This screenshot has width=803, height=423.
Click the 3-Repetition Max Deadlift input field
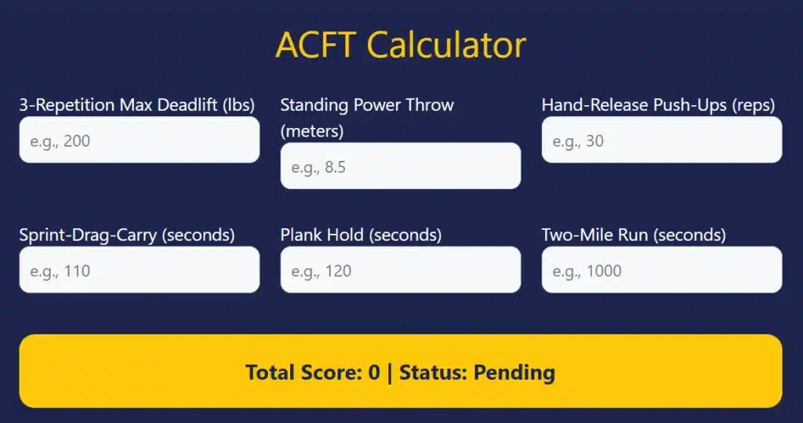tap(139, 140)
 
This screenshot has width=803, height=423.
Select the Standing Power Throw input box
tap(400, 166)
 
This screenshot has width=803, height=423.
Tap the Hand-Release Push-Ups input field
tap(661, 140)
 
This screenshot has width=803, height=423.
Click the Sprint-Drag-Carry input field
tap(139, 270)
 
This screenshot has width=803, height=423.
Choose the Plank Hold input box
tap(400, 270)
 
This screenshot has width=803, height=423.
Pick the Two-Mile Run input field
tap(661, 270)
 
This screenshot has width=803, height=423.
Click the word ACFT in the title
tap(316, 46)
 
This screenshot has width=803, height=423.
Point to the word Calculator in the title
tap(446, 46)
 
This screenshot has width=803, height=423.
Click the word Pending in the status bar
tap(514, 372)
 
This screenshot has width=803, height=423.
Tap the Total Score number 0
tap(374, 372)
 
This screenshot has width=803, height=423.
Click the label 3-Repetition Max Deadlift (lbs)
tap(136, 105)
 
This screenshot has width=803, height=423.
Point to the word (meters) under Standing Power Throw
tap(311, 131)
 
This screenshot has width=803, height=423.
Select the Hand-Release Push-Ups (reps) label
tap(658, 105)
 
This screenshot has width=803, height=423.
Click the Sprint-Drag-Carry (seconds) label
tap(126, 235)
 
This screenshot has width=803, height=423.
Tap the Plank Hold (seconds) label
tap(361, 235)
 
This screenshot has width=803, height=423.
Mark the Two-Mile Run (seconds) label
tap(634, 235)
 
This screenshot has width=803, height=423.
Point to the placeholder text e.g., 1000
tap(587, 272)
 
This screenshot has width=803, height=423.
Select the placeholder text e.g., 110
tap(60, 272)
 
